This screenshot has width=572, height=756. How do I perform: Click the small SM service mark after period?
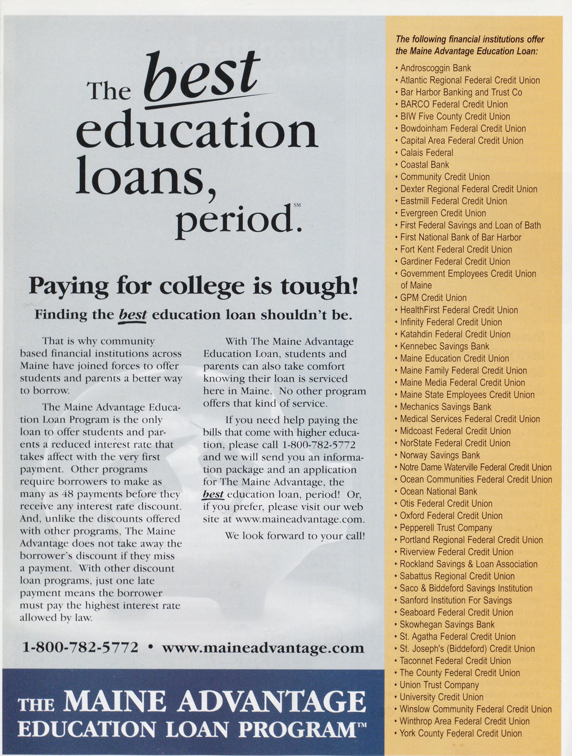point(297,205)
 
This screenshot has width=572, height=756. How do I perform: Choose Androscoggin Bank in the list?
point(435,68)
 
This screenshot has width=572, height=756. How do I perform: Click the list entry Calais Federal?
point(426,153)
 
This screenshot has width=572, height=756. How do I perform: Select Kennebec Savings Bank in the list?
point(444,346)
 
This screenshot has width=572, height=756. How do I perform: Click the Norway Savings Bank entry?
point(440,455)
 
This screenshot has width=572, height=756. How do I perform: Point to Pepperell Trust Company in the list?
point(446,528)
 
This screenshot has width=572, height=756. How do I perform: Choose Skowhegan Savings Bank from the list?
point(447,624)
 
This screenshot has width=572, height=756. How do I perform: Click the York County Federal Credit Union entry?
point(460,733)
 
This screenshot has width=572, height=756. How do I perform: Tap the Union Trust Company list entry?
point(439,685)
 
